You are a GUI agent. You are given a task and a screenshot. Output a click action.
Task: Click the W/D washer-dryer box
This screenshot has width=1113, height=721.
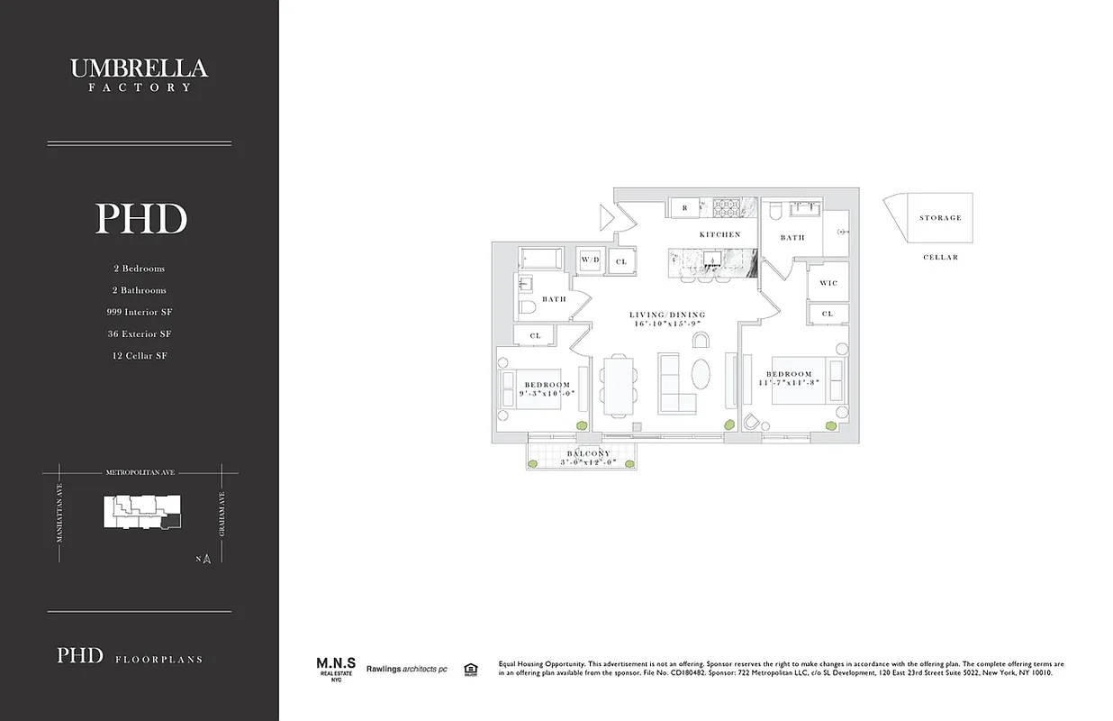coord(590,260)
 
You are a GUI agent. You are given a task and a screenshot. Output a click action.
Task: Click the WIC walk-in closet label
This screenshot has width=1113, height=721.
coord(828,283)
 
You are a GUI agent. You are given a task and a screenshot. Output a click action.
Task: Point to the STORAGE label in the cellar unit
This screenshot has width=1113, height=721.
coord(940,218)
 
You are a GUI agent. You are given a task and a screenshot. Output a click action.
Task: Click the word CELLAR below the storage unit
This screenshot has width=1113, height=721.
coord(940,258)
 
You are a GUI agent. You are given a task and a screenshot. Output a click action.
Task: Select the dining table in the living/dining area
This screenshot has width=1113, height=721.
coord(617,386)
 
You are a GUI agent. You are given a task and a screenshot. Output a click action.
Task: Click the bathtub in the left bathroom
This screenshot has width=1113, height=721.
coord(540,260)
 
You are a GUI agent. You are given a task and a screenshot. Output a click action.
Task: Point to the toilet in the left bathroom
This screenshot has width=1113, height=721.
coord(528,307)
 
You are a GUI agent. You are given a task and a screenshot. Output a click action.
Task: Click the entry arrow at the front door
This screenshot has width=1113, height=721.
coord(608,216)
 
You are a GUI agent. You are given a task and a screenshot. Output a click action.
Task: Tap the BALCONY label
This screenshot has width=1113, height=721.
coord(588,453)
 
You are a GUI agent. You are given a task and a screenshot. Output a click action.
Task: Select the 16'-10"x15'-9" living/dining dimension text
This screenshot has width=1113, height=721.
coord(667,323)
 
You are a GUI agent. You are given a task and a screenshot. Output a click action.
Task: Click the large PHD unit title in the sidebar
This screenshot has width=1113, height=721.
coord(140,219)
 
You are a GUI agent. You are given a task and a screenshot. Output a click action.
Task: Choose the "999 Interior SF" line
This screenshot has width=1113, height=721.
coord(140,312)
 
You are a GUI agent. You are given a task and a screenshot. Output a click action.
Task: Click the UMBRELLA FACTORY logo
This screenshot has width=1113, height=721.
coord(140,74)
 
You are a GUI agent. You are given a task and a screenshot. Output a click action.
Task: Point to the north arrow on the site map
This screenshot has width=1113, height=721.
coord(205,559)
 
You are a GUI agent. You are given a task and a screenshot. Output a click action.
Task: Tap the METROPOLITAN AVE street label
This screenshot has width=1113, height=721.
coord(140,470)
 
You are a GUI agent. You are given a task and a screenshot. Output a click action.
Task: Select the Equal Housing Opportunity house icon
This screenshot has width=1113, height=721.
coord(469,669)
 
